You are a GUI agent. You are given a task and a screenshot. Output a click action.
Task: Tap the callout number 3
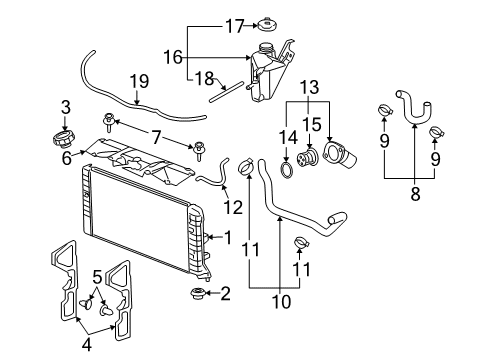(x=66, y=106)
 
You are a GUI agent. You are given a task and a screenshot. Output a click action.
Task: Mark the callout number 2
(x=225, y=293)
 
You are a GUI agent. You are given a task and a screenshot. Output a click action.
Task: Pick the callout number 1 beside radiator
(x=228, y=238)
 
